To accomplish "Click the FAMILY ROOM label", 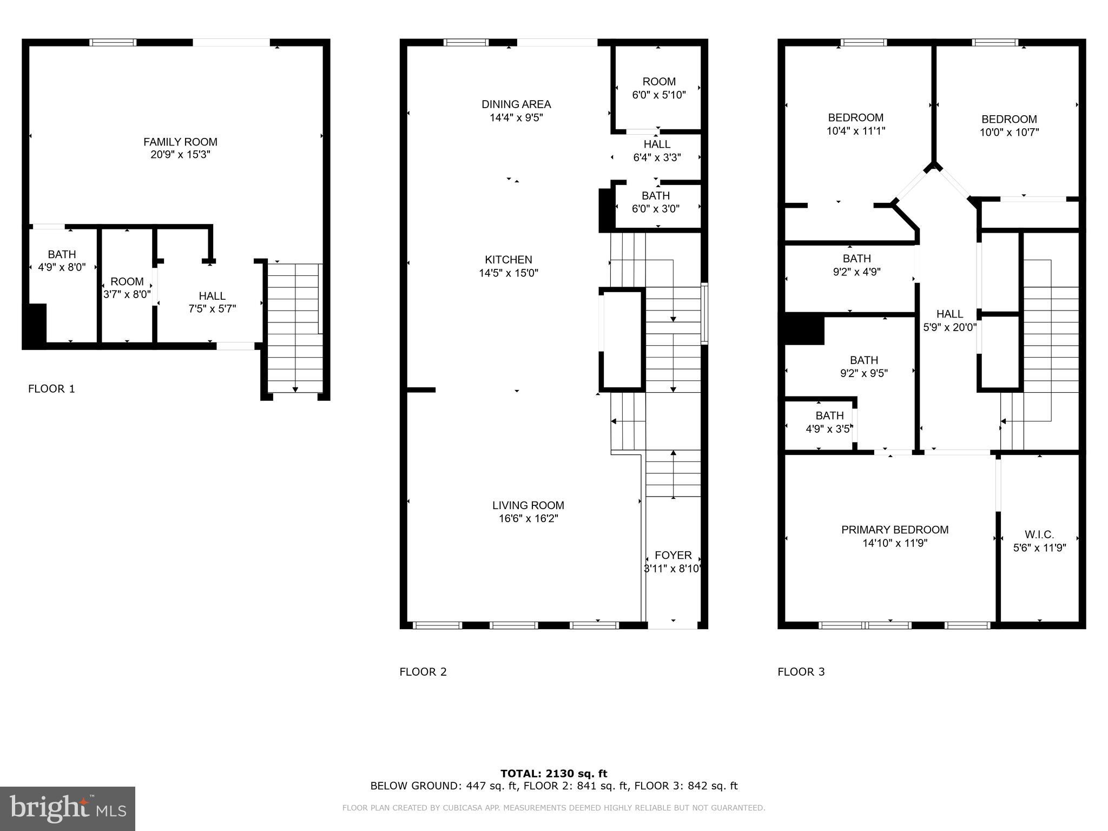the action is (180, 142).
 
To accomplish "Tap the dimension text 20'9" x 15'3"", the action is (180, 155).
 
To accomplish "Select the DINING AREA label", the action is (516, 104).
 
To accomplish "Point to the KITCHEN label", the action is (509, 260).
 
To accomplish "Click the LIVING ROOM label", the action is (528, 505).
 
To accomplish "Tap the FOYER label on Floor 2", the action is (673, 555).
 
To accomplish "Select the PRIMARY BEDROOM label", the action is (895, 530).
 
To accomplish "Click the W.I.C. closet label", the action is (1039, 535).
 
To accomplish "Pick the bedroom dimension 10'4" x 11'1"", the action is (856, 131).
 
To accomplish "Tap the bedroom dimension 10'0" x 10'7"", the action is (1009, 132).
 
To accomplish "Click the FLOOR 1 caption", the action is (51, 388).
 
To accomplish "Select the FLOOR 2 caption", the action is (423, 672).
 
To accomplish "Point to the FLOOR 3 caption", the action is (801, 672).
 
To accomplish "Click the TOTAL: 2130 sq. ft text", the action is (554, 774).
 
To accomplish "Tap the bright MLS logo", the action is (68, 809).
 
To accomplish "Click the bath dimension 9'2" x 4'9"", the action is (857, 272).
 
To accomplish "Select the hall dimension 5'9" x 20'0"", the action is (949, 327).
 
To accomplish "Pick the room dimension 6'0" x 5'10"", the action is (659, 95).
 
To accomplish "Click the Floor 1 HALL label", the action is (212, 296).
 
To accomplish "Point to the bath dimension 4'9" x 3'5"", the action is (829, 429).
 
